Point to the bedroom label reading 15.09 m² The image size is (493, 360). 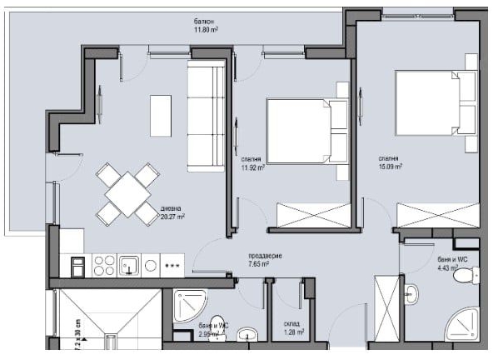389,162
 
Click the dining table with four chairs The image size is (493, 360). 127,193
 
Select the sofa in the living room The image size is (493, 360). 206,116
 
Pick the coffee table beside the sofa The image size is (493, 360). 161,115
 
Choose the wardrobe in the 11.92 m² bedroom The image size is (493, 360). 308,214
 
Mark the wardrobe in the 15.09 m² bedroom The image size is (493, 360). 437,214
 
